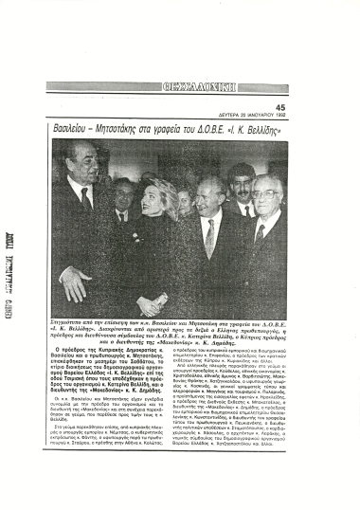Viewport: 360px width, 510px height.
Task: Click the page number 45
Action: click(279, 107)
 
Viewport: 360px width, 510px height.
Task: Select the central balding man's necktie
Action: click(209, 237)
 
